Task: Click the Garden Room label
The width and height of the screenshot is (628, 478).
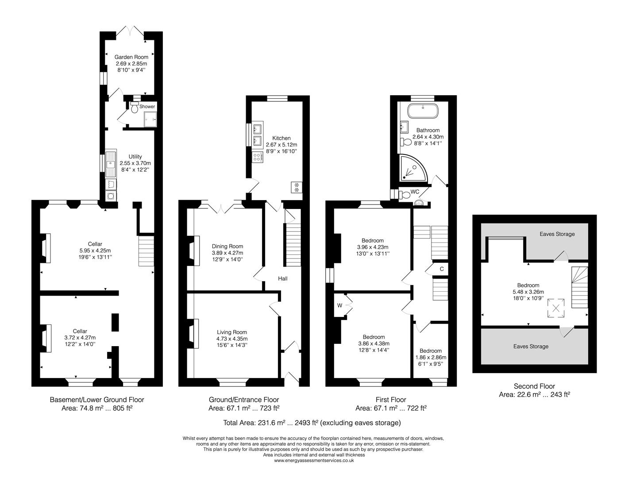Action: (x=131, y=57)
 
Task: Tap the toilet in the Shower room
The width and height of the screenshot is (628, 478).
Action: (x=135, y=106)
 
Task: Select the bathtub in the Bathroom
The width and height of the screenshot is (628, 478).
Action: (x=423, y=111)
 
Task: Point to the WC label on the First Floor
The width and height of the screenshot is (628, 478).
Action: (x=415, y=192)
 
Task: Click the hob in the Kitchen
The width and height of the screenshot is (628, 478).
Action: (x=257, y=156)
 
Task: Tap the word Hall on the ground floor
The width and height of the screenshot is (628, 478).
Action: (x=282, y=278)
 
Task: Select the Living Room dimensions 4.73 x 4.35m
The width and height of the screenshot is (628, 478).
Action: (x=231, y=339)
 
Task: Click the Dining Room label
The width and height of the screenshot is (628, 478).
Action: (x=227, y=246)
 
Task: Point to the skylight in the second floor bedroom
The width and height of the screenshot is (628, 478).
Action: (x=556, y=308)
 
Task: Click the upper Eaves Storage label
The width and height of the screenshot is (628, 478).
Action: (x=557, y=234)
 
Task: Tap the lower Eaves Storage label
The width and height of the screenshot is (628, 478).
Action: (x=531, y=346)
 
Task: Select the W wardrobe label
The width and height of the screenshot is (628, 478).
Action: (x=340, y=305)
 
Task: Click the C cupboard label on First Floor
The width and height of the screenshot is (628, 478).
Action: (x=441, y=269)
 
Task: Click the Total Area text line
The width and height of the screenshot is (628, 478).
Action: (x=312, y=423)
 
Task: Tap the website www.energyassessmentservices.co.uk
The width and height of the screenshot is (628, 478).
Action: (x=314, y=460)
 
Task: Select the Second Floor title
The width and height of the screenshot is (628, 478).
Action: (x=534, y=386)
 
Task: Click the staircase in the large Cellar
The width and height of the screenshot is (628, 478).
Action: (x=146, y=251)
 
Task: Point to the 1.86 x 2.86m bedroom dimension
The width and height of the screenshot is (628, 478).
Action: (x=431, y=357)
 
